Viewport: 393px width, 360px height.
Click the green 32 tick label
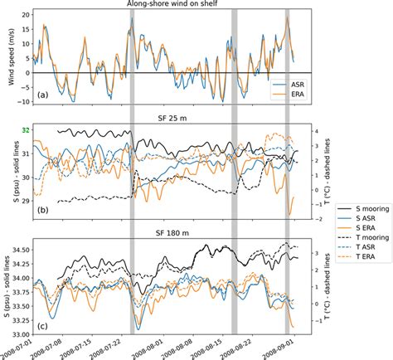27,130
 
